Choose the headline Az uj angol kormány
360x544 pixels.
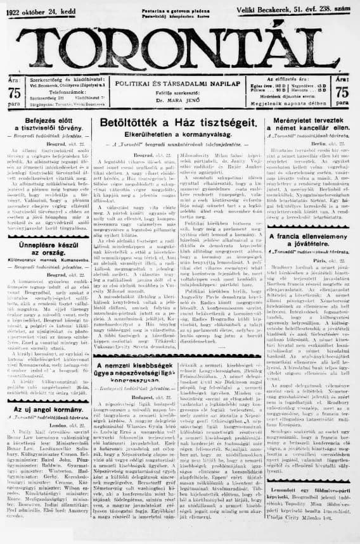tap(48, 411)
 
